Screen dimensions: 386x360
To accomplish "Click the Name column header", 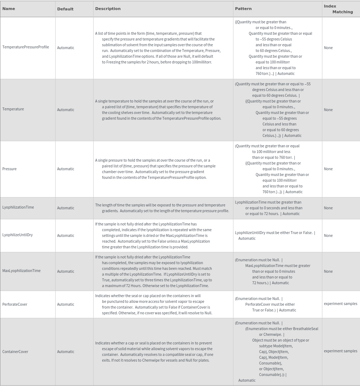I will (9, 9).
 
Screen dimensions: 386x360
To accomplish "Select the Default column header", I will (65, 9).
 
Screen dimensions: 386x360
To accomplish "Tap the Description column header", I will (108, 9).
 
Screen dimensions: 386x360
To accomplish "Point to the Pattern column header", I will (243, 9).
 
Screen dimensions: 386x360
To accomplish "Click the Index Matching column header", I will (338, 9).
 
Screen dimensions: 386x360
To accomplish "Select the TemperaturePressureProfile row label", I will (26, 47).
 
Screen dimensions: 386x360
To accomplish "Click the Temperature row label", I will (13, 109).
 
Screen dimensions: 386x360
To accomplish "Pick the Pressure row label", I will (10, 169).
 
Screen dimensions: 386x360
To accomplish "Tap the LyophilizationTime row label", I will (18, 208).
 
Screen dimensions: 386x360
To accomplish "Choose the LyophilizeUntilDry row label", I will (18, 235).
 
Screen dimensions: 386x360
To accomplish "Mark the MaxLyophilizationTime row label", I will (22, 271).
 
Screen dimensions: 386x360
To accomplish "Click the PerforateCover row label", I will (15, 305).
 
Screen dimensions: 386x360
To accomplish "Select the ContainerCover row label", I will (15, 352).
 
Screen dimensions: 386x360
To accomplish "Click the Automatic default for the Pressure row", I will (66, 169).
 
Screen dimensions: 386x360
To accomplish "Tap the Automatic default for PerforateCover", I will (66, 305).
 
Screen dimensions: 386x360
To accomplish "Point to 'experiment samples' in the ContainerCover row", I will (341, 351).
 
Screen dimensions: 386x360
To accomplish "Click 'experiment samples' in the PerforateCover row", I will (341, 304).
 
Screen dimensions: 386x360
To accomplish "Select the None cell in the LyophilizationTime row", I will (328, 208).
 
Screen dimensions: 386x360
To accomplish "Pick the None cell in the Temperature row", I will (328, 110).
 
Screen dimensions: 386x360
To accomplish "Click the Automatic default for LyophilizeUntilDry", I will (66, 236).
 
